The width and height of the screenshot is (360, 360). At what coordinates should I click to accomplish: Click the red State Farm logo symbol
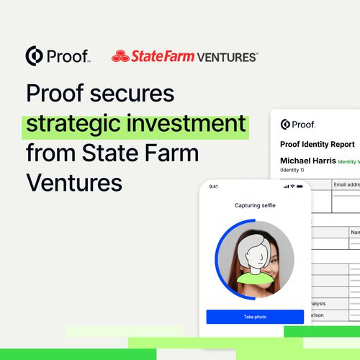(121, 55)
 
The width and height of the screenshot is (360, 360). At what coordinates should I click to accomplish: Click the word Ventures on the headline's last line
(74, 181)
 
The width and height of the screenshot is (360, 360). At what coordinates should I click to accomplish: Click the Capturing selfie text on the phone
(255, 205)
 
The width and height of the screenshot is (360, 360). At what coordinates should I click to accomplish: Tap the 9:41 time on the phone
(213, 186)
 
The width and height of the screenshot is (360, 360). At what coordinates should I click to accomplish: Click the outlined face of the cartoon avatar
(255, 249)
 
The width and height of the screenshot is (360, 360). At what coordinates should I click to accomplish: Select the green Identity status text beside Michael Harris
(349, 161)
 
